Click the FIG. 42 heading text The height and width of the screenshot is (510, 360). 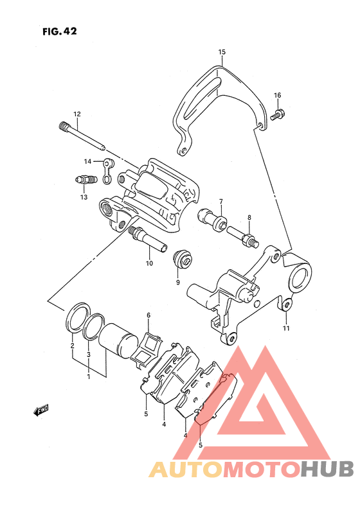(60, 31)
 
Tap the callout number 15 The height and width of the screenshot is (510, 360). (222, 52)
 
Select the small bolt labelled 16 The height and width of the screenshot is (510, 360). (278, 115)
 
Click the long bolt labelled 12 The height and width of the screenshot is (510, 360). (82, 136)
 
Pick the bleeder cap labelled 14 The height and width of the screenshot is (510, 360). (107, 171)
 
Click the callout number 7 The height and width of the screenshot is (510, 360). (221, 202)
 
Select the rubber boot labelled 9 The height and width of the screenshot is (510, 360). (183, 260)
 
